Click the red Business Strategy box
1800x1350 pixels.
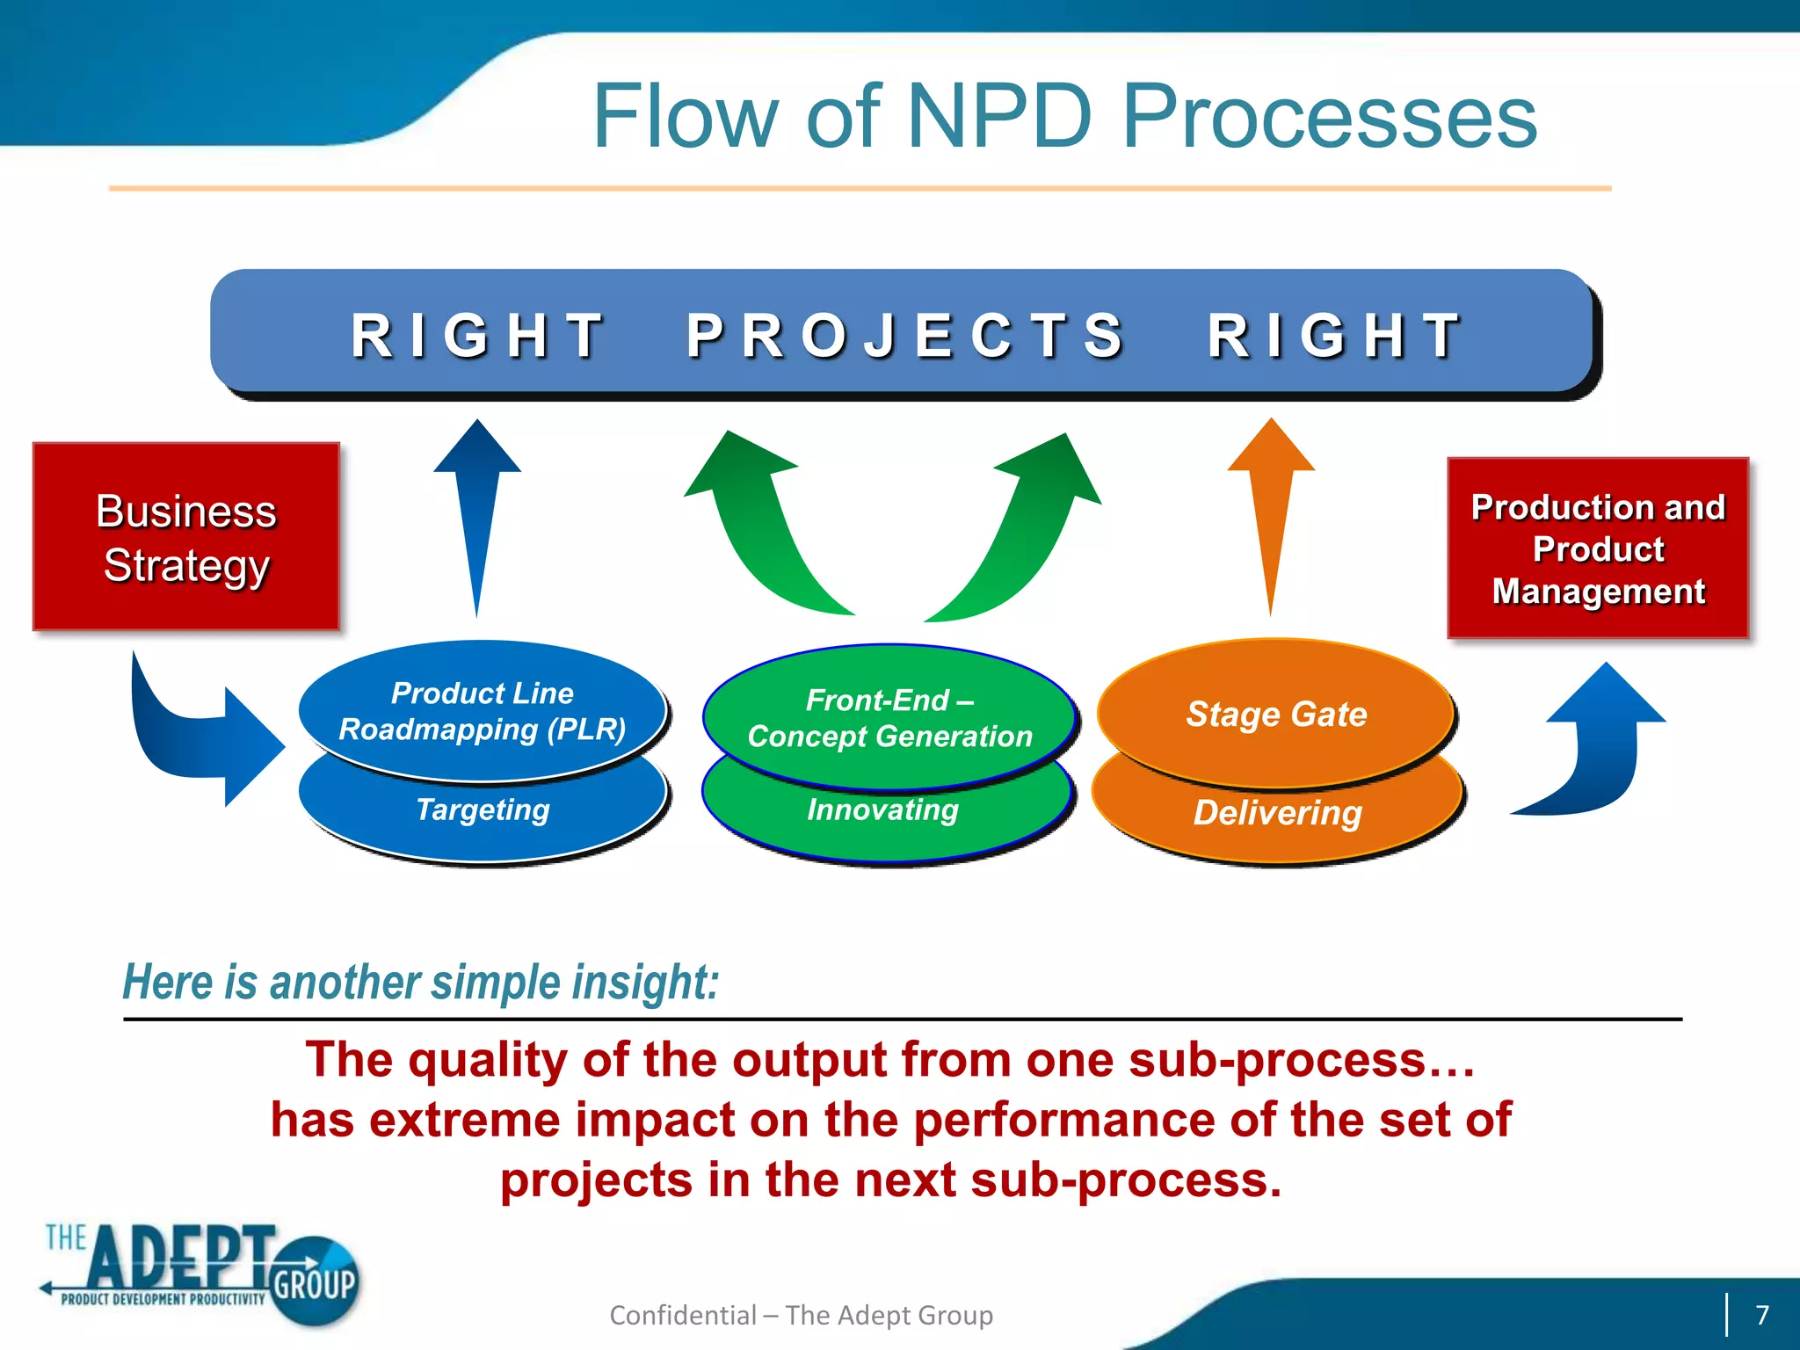coord(185,536)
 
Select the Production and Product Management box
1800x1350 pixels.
coord(1597,548)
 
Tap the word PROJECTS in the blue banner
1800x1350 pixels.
coord(905,336)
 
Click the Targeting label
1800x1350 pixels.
coord(482,809)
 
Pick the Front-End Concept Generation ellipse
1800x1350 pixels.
coord(889,717)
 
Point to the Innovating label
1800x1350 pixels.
coord(882,809)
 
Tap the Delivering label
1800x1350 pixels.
coord(1277,813)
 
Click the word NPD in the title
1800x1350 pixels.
coord(999,116)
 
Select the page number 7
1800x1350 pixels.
coord(1761,1315)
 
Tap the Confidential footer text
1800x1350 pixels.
coord(801,1315)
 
